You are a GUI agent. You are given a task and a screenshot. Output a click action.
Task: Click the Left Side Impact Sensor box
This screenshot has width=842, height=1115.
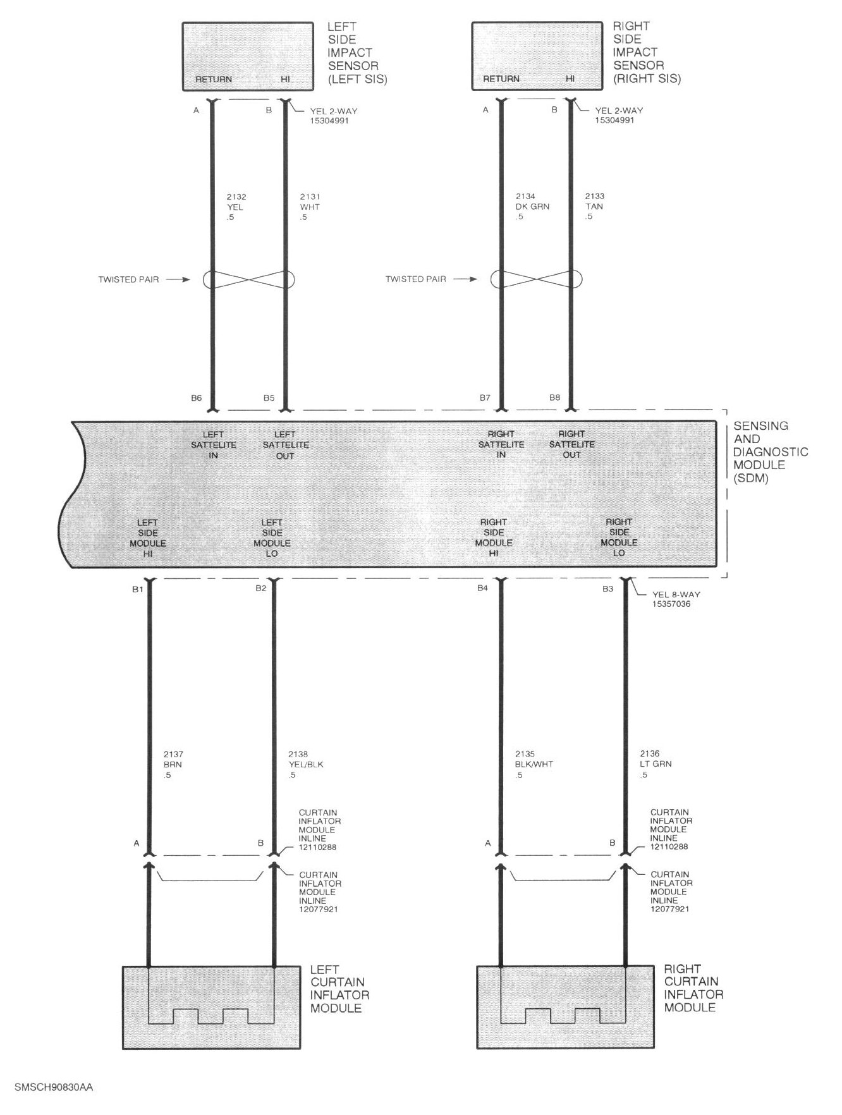(x=248, y=56)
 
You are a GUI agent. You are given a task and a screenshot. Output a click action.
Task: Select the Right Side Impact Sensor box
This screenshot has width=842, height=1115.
(x=537, y=56)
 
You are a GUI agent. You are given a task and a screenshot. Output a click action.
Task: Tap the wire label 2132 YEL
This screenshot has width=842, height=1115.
(x=236, y=207)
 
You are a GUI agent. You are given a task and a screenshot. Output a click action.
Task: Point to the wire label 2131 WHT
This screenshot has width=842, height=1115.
(x=310, y=207)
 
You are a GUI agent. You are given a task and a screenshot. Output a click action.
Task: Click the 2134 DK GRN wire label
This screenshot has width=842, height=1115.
(x=532, y=207)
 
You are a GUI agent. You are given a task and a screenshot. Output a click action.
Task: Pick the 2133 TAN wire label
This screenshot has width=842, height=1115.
(x=594, y=207)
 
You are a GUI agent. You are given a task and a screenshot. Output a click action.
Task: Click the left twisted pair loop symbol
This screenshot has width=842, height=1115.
(x=249, y=279)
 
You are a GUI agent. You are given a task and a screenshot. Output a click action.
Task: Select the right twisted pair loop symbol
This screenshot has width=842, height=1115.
(x=536, y=279)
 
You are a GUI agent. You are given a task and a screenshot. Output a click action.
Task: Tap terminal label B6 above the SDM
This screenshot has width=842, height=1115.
(x=196, y=398)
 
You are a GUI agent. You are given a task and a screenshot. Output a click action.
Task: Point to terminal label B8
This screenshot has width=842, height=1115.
(x=554, y=398)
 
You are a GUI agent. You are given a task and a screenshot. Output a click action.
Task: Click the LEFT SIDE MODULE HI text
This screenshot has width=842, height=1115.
(x=148, y=538)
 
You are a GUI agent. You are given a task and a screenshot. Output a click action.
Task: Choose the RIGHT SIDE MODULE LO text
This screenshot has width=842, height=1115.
(x=619, y=537)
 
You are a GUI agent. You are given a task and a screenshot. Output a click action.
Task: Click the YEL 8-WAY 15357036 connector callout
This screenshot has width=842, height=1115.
(x=676, y=599)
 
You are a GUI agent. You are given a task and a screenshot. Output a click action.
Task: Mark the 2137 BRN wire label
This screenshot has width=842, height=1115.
(x=173, y=764)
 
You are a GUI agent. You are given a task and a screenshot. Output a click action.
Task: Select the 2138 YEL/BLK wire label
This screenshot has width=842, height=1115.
(x=306, y=764)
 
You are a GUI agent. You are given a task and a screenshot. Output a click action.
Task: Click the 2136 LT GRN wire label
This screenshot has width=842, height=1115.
(x=656, y=764)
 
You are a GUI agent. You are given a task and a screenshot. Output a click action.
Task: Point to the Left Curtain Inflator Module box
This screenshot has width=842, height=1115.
(x=211, y=1008)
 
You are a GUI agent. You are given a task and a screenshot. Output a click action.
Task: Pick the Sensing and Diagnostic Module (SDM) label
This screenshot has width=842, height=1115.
(x=771, y=452)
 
